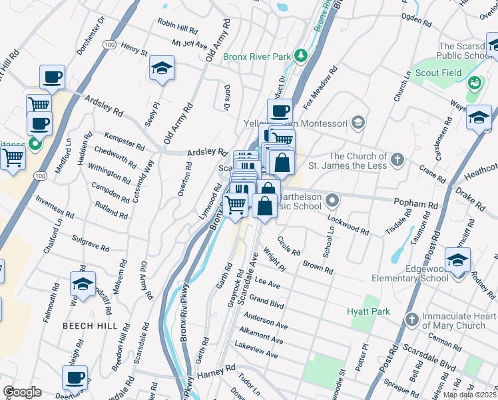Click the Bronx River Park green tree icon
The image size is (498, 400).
300,55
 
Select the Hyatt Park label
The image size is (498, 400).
367,311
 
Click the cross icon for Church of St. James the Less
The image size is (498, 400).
397,159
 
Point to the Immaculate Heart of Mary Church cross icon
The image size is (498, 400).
412,321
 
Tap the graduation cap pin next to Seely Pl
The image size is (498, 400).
161,69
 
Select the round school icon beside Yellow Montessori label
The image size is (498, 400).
358,121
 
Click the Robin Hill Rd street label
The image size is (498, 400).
177,27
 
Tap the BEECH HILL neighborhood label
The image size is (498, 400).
90,326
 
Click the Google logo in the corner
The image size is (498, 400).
22,392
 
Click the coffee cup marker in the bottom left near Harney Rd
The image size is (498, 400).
75,378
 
